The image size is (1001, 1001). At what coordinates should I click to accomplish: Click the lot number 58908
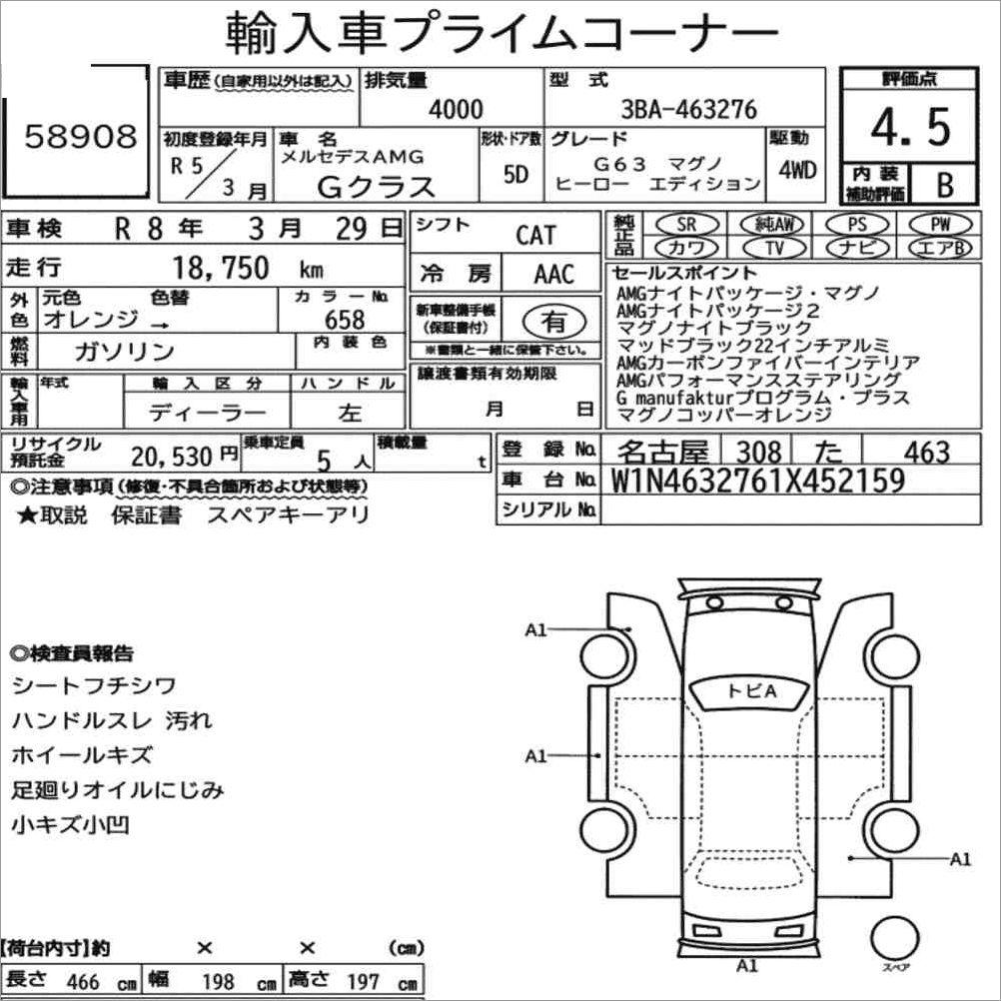81,136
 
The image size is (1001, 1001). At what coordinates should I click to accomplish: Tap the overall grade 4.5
911,127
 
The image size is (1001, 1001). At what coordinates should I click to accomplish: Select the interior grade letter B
945,185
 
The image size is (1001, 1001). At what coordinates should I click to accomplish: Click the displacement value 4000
456,109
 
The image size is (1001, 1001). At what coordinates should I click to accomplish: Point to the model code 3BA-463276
689,109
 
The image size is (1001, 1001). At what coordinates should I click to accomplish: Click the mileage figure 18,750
221,268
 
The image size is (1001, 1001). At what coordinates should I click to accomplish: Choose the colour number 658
345,320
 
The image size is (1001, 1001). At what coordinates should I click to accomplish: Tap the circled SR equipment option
687,224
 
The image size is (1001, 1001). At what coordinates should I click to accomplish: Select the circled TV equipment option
774,247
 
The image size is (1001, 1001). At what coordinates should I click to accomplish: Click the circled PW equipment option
940,224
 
